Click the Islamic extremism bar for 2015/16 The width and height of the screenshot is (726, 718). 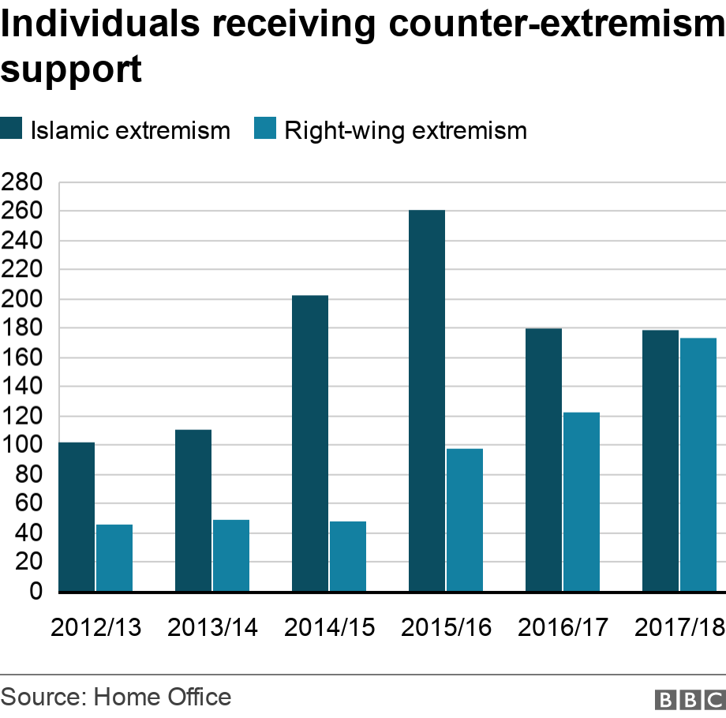point(427,400)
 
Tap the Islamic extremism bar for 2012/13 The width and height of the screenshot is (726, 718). point(77,516)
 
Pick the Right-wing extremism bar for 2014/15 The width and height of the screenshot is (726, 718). point(348,555)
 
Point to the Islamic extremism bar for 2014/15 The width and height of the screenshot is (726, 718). point(310,443)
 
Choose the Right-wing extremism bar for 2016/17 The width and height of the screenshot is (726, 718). point(582,501)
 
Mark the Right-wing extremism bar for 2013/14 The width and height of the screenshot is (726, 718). point(231,555)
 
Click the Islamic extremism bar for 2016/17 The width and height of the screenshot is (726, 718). point(544,459)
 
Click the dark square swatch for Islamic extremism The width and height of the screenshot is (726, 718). point(12,129)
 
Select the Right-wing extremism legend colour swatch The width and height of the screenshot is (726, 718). point(265,129)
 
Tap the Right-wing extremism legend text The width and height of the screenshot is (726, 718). point(405,130)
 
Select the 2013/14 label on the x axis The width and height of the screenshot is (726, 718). point(213,628)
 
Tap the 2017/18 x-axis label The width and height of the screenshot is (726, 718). point(679,628)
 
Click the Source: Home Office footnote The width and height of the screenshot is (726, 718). point(117,697)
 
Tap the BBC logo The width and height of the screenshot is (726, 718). point(689,699)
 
